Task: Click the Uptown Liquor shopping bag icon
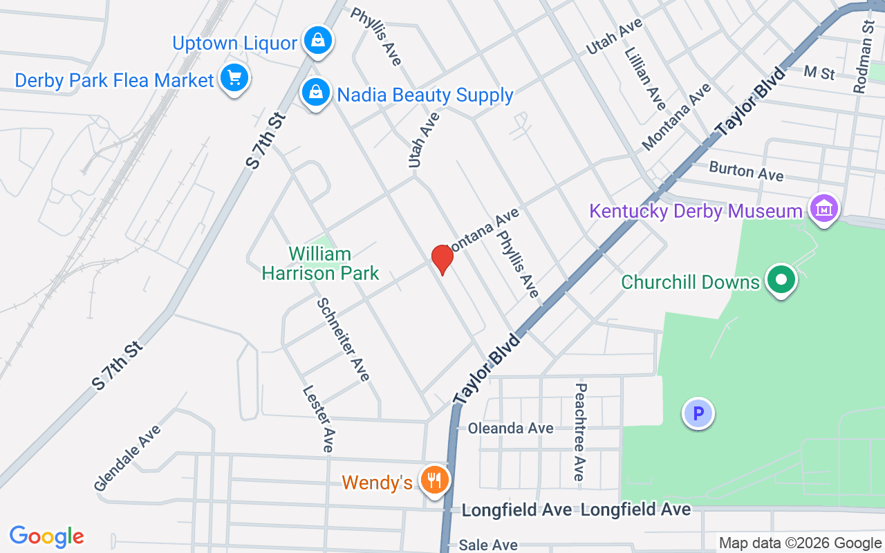317,41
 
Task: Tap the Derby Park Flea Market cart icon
234,79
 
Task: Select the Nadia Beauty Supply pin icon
315,93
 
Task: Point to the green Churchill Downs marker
782,281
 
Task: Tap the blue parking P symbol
698,414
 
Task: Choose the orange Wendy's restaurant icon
434,480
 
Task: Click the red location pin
442,260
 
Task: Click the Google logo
47,536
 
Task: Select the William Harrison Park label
320,263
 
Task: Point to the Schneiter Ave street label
344,339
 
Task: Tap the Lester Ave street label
319,418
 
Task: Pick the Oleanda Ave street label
511,429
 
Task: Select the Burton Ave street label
746,171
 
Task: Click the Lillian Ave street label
644,78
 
